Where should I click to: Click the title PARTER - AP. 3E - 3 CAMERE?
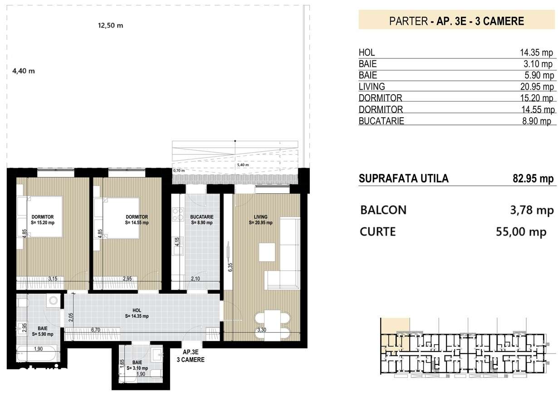pyautogui.click(x=457, y=21)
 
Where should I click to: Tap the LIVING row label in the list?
pyautogui.click(x=372, y=86)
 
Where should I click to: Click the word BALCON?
pyautogui.click(x=383, y=210)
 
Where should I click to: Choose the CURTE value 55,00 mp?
pyautogui.click(x=521, y=232)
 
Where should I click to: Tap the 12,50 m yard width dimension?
pyautogui.click(x=111, y=25)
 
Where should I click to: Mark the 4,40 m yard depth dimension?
pyautogui.click(x=24, y=71)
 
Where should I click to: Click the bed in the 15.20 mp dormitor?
pyautogui.click(x=41, y=216)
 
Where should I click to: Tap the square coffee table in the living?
pyautogui.click(x=267, y=252)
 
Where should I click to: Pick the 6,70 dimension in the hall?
pyautogui.click(x=95, y=330)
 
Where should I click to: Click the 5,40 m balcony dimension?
pyautogui.click(x=243, y=165)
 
